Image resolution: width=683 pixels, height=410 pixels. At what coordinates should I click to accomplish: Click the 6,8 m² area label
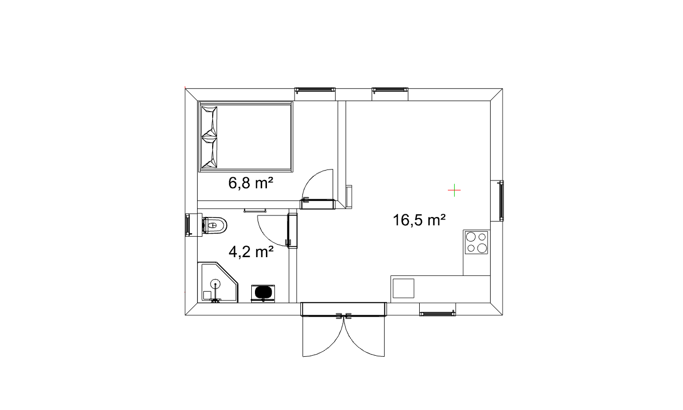[x=251, y=183]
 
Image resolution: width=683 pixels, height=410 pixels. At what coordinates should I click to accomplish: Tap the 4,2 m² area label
[x=251, y=252]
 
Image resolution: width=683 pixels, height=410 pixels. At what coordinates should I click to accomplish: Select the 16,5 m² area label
[x=419, y=220]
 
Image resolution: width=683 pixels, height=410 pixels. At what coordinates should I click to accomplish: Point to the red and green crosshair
[x=454, y=190]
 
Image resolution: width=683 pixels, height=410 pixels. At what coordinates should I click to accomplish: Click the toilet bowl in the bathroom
[x=215, y=226]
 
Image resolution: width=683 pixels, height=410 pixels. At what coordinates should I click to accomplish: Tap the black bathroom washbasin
[x=263, y=293]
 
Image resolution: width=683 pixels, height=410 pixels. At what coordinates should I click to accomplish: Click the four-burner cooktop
[x=476, y=243]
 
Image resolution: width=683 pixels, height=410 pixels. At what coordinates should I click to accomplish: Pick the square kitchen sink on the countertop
[x=404, y=288]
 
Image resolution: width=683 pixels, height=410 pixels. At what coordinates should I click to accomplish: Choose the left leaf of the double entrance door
[x=324, y=336]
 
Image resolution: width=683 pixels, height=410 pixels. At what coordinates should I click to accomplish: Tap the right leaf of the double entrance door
[x=364, y=336]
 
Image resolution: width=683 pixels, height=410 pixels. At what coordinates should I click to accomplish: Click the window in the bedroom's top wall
[x=315, y=89]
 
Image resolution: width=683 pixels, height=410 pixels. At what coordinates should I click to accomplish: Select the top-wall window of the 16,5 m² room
[x=389, y=89]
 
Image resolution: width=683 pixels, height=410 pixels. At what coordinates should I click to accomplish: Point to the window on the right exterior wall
[x=501, y=200]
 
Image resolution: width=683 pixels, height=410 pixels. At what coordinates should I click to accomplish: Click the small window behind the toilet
[x=188, y=225]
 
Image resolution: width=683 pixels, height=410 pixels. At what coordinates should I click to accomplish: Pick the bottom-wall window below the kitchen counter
[x=437, y=313]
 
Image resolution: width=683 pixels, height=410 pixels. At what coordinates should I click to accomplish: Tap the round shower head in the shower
[x=215, y=283]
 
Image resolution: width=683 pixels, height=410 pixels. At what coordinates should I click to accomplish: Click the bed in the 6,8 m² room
[x=246, y=137]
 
